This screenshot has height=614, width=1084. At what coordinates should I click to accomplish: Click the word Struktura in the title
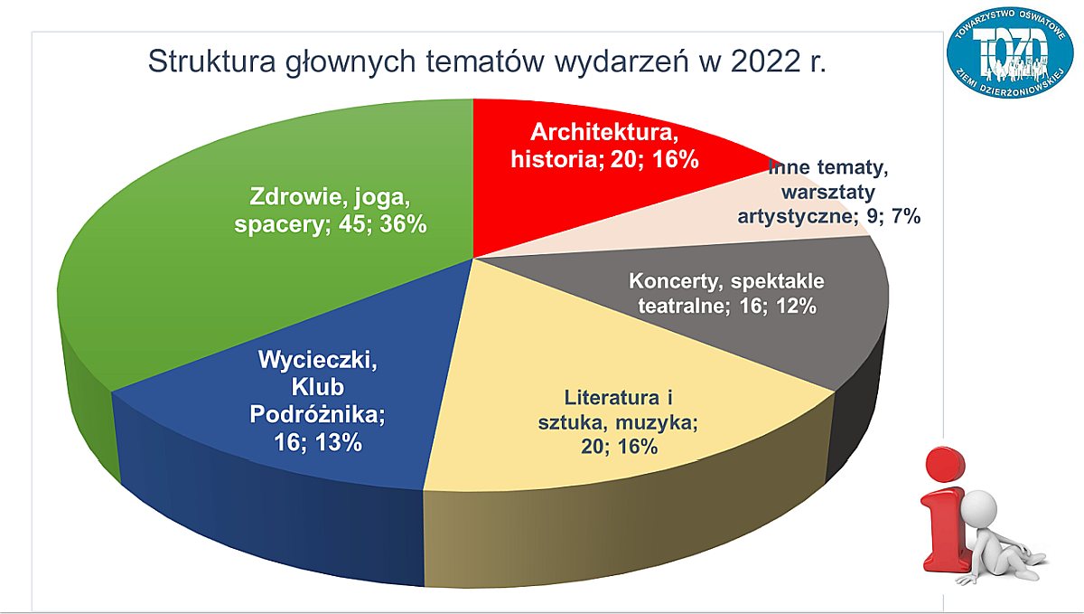coord(211,61)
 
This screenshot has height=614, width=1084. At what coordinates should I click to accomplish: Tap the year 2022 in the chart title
coord(764,61)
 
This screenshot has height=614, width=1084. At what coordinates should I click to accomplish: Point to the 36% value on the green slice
coord(404,224)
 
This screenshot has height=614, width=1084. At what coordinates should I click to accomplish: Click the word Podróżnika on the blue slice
coord(317,415)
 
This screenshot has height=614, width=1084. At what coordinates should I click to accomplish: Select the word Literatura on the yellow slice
coord(612,398)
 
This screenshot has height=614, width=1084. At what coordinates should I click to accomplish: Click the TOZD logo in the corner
coord(1011,52)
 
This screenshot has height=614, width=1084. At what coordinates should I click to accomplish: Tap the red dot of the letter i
coord(945,463)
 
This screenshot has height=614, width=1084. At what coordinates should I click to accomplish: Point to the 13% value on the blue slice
coord(340,443)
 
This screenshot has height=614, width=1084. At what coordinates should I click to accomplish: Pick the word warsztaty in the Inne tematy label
coord(828,193)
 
